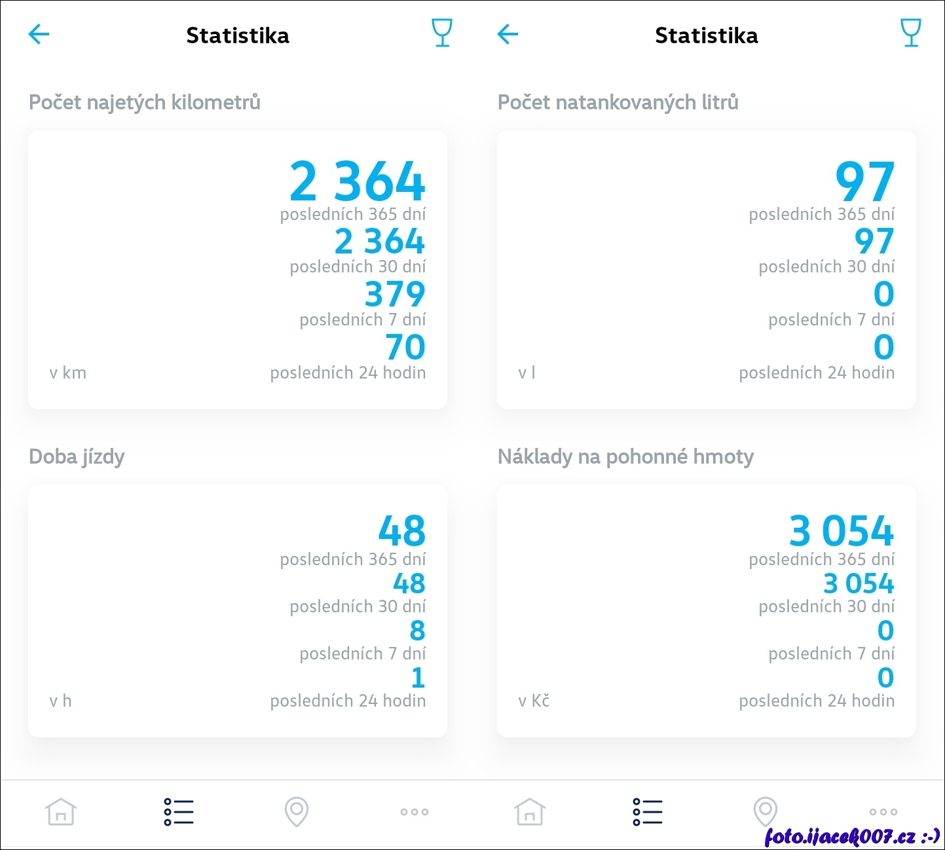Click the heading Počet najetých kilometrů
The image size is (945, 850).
pos(145,102)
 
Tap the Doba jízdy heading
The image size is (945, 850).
pos(77,456)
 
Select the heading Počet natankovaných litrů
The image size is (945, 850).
pos(618,102)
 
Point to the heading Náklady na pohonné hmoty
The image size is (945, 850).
pos(625,456)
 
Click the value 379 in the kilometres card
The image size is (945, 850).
pos(395,294)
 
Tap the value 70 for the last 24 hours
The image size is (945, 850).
pos(405,347)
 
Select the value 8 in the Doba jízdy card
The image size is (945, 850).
pos(417,631)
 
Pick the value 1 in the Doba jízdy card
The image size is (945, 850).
pos(418,678)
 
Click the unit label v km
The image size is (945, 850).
pos(67,373)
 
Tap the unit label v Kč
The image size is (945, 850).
pos(533,701)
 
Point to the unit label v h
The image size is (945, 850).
pos(60,701)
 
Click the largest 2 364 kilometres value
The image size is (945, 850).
pos(358,182)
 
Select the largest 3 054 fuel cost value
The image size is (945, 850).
pos(842,531)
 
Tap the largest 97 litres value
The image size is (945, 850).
pos(864,182)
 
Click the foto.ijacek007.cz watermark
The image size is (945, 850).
pos(852,836)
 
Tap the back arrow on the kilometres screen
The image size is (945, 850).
pos(39,34)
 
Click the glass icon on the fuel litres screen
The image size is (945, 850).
pos(911,33)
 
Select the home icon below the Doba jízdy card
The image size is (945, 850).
pos(61,812)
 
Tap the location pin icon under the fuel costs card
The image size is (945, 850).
pos(765,812)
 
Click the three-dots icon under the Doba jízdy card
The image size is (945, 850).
pos(414,812)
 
